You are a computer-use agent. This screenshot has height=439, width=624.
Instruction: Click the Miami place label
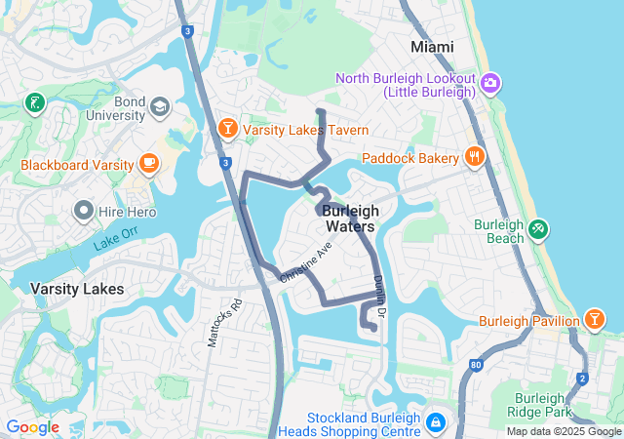point(432,47)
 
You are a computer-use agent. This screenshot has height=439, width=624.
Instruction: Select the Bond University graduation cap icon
point(159,105)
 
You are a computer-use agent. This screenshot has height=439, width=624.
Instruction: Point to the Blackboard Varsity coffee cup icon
point(149,163)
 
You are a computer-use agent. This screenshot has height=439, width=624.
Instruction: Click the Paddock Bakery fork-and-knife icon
point(473,156)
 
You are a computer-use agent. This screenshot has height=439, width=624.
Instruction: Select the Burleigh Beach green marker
point(537,230)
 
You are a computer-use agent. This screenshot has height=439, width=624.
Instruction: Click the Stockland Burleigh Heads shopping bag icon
point(434,423)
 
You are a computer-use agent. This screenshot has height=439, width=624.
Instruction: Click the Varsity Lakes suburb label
point(77,289)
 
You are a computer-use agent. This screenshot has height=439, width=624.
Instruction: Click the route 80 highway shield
point(475,365)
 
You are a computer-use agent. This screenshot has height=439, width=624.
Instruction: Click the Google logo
point(32,427)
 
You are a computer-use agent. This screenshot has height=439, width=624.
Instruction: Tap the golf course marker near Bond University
point(35,102)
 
